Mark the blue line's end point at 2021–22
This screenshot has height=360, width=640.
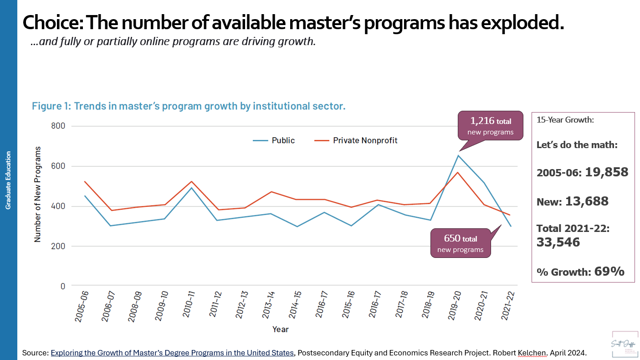tap(511, 226)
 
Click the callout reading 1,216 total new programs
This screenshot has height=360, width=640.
tap(491, 126)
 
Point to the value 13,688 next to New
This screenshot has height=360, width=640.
tap(587, 201)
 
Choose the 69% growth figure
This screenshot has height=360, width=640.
tap(609, 272)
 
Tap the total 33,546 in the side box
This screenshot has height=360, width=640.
tap(558, 242)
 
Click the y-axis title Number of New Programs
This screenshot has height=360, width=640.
tap(37, 194)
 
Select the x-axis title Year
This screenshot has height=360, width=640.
tap(280, 329)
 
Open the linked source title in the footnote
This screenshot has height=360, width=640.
tap(172, 353)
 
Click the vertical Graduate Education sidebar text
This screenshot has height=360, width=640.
tap(8, 180)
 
